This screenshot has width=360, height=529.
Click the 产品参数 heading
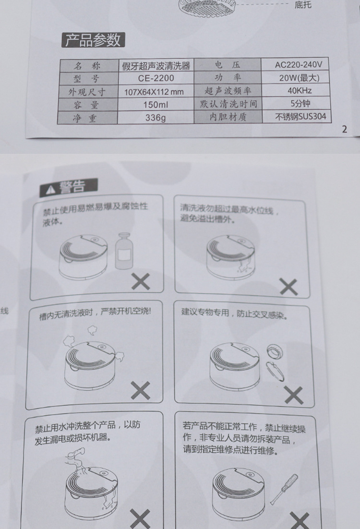93,40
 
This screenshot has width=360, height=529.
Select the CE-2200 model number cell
156,78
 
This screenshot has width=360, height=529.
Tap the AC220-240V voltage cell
298,64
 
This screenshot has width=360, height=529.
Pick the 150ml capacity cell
156,105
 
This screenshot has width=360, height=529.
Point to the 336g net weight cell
156,118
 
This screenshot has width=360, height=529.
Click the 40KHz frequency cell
300,90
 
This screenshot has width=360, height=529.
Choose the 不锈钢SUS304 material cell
300,117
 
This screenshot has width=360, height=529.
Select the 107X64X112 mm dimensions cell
154,91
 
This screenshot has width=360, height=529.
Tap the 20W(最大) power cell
299,78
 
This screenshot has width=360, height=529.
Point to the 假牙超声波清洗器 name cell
156,65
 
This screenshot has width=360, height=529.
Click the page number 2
344,129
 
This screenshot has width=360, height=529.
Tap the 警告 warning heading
69,187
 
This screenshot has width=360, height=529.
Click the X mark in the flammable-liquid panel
141,281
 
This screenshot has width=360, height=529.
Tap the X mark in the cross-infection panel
294,395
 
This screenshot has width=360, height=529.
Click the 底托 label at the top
303,5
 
